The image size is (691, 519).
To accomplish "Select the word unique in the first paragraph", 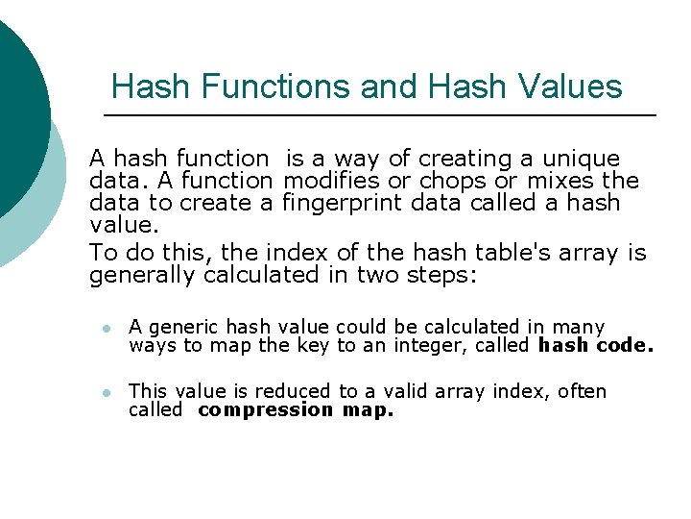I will point(582,159).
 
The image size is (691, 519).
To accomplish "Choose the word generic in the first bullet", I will point(175,328).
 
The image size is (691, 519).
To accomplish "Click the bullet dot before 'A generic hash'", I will point(107,329).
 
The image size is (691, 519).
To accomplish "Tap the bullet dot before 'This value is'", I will point(107,392).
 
